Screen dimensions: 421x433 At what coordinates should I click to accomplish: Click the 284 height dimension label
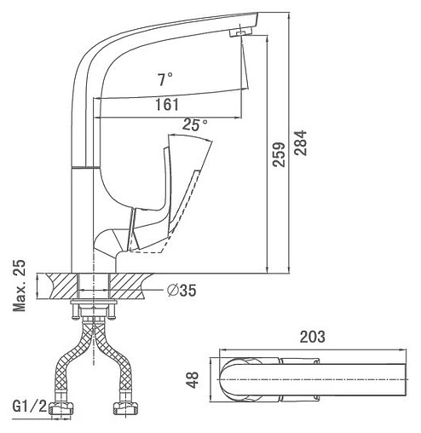tap(301, 142)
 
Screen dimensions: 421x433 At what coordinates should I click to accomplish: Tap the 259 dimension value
tap(279, 154)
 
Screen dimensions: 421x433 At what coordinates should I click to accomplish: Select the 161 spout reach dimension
tap(167, 105)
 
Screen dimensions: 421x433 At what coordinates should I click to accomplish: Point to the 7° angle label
tap(165, 79)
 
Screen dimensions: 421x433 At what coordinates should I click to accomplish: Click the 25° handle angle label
tap(195, 124)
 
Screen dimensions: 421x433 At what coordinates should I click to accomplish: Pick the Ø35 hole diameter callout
tap(182, 291)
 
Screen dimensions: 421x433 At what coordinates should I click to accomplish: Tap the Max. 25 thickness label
tap(20, 286)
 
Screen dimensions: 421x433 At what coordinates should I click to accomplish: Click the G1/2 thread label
tap(30, 407)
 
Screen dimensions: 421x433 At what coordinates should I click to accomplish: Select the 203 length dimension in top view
tap(313, 337)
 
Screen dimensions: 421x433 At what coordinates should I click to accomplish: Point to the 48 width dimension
tap(193, 379)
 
